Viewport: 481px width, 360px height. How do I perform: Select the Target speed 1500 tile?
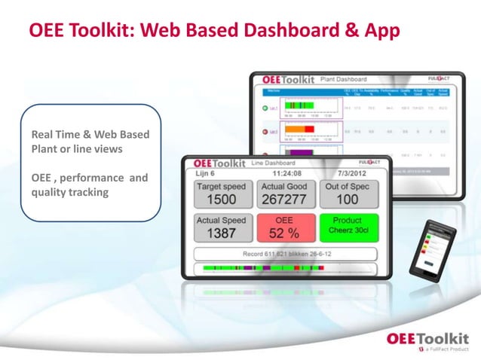click(222, 193)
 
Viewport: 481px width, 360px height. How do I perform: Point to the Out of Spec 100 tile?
click(347, 193)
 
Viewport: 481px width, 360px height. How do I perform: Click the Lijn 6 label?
click(206, 173)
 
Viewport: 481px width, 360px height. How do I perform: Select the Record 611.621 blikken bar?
click(285, 254)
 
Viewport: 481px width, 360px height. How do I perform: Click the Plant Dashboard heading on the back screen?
click(343, 79)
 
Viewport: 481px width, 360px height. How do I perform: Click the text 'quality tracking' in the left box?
click(70, 193)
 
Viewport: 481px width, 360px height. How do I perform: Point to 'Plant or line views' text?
click(78, 149)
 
